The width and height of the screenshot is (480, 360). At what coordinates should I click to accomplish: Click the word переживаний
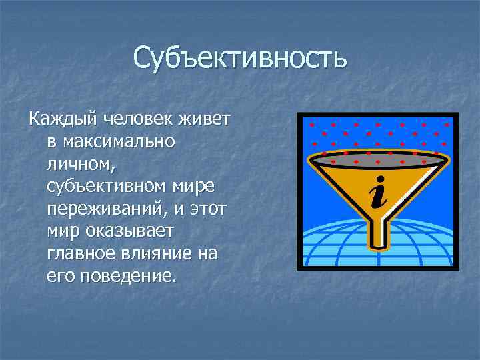[104, 209]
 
